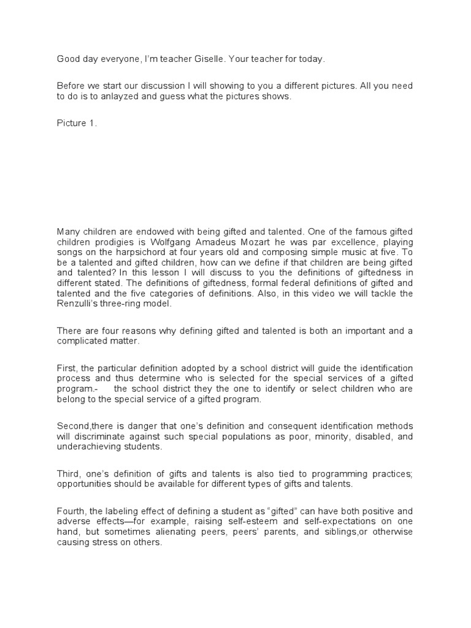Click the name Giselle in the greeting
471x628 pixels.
tap(224, 59)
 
